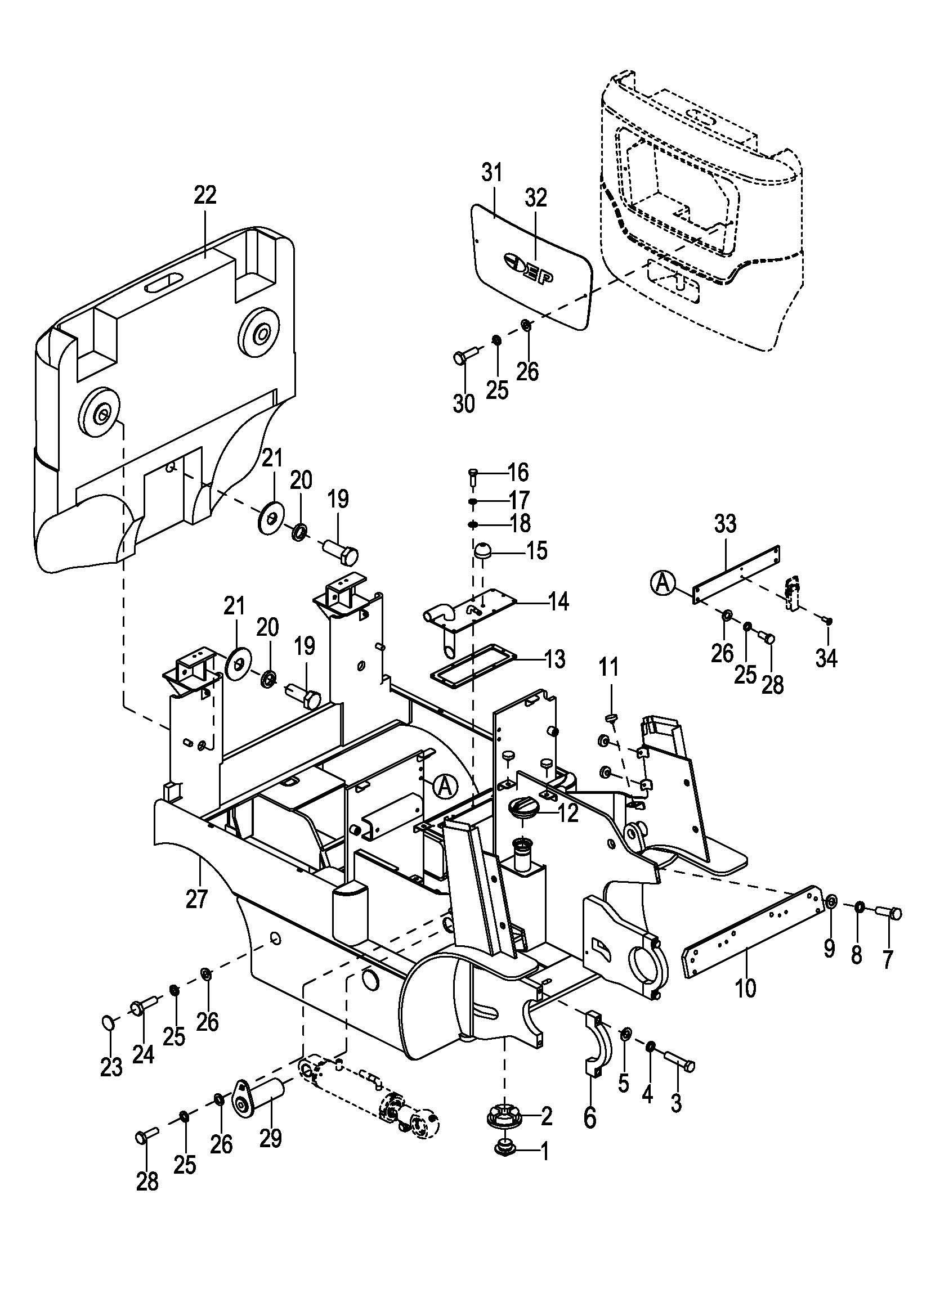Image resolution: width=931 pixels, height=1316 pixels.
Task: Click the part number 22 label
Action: click(205, 195)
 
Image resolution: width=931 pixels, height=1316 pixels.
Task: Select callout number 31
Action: click(491, 172)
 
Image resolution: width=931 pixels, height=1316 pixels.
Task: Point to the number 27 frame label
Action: click(196, 898)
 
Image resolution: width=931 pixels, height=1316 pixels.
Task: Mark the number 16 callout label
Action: click(518, 473)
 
